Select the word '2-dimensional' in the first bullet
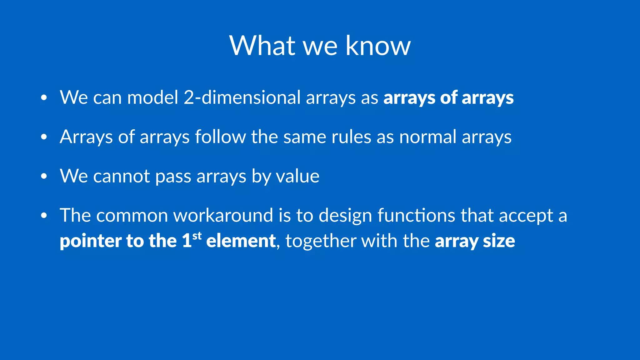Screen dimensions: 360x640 click(242, 97)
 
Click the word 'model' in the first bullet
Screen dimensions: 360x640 click(152, 97)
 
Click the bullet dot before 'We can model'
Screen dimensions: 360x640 click(44, 98)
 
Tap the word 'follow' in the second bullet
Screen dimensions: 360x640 click(220, 137)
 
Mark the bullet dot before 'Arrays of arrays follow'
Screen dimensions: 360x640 click(44, 137)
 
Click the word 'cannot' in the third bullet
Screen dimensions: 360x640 click(122, 176)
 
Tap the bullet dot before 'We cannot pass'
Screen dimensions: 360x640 click(44, 176)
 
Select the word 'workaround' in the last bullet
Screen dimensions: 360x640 click(223, 216)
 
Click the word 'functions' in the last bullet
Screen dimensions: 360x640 click(416, 216)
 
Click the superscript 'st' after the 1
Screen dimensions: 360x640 click(197, 236)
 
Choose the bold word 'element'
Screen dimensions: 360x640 click(241, 241)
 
